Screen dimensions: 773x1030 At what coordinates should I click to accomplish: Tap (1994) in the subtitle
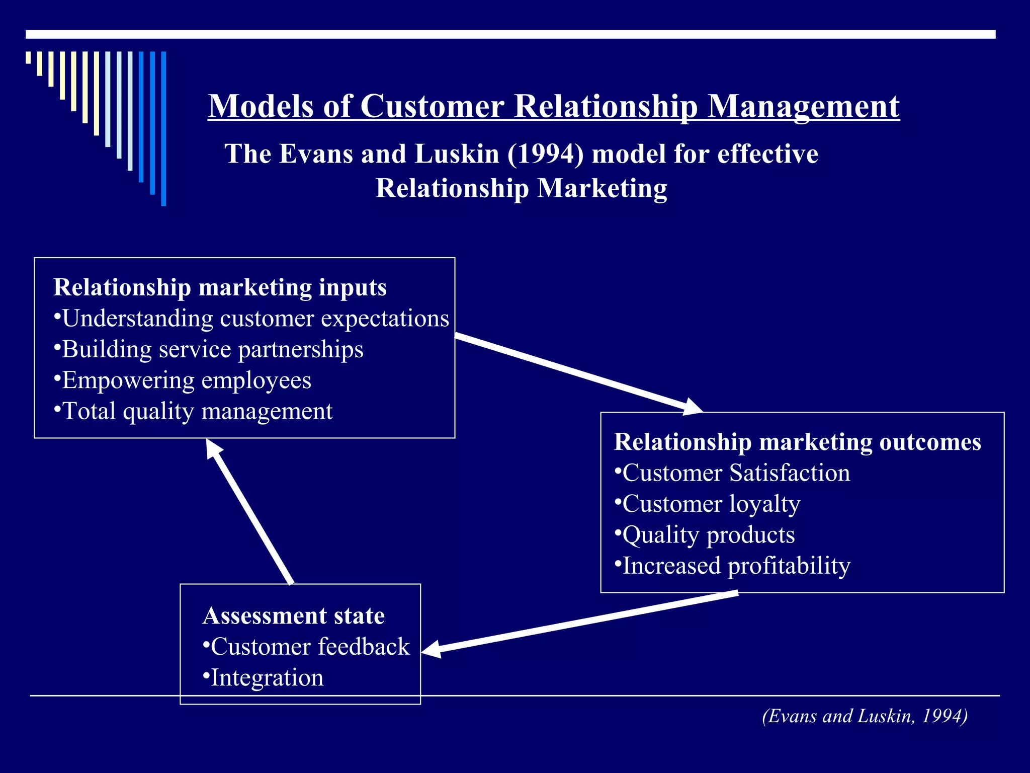point(545,153)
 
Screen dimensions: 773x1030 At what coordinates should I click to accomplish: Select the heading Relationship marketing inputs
point(220,288)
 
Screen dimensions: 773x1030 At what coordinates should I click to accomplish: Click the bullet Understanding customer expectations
point(251,319)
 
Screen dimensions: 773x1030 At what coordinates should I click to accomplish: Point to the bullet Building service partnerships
point(209,349)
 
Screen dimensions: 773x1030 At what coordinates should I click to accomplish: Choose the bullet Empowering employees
point(183,380)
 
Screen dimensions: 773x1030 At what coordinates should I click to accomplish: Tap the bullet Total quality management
point(193,411)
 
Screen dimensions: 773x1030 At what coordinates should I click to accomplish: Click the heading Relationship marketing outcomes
point(797,442)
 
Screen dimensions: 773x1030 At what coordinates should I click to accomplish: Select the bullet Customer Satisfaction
point(732,473)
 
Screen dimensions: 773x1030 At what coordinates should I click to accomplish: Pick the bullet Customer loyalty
point(708,504)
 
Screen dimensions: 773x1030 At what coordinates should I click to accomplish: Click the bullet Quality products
point(705,535)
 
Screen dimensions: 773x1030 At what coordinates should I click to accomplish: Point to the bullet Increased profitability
point(732,566)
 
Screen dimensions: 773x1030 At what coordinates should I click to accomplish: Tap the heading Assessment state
point(294,616)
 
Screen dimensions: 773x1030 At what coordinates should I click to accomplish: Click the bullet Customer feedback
point(306,647)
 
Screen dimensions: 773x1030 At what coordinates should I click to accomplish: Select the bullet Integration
point(263,678)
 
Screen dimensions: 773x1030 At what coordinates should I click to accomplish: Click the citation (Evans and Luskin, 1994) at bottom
point(865,716)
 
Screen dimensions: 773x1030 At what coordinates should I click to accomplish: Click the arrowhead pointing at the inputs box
point(213,448)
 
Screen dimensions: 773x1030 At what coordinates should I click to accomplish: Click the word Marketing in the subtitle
point(602,188)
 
